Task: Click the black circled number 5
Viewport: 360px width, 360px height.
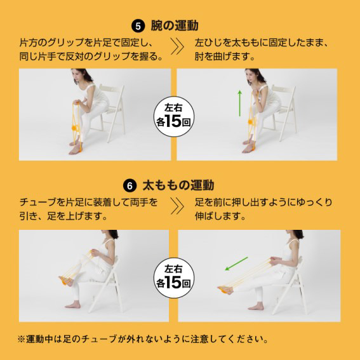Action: [x=138, y=26]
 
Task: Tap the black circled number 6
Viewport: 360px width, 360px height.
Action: [x=130, y=186]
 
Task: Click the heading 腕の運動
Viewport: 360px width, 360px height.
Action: [x=175, y=25]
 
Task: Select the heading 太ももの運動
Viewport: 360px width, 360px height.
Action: [x=178, y=185]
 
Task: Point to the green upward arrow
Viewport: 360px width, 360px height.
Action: [x=240, y=103]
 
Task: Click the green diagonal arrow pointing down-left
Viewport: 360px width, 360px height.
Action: [x=236, y=263]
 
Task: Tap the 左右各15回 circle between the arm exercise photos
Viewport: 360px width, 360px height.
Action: [x=174, y=116]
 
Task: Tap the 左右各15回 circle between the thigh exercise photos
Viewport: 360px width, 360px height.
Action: [x=174, y=278]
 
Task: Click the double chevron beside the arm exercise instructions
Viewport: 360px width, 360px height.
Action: [x=177, y=46]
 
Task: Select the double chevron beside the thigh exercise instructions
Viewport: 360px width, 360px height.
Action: [x=177, y=206]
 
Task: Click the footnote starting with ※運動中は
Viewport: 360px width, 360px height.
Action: [x=143, y=339]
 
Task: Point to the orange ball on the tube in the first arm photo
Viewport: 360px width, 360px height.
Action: [x=75, y=128]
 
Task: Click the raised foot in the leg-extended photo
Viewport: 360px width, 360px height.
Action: [x=225, y=290]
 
